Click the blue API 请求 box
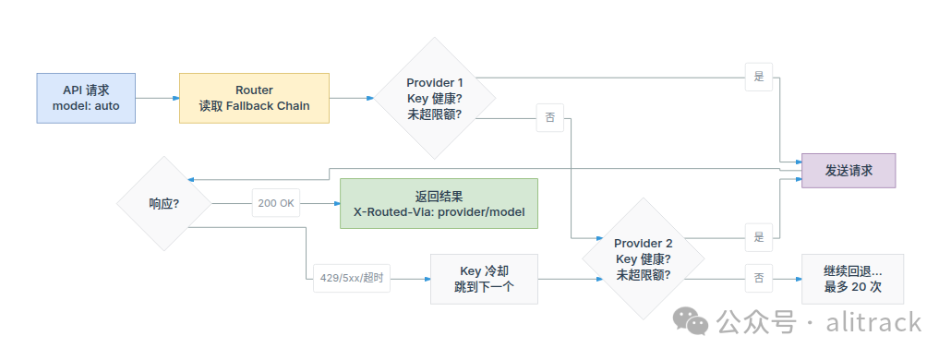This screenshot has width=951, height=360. pyautogui.click(x=86, y=98)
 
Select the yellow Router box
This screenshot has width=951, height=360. pyautogui.click(x=254, y=98)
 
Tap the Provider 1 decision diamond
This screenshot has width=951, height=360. pyautogui.click(x=434, y=98)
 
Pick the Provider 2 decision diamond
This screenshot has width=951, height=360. pyautogui.click(x=644, y=258)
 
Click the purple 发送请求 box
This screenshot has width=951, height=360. pyautogui.click(x=849, y=171)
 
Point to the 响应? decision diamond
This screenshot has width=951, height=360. pyautogui.click(x=164, y=204)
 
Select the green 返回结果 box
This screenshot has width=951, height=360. pyautogui.click(x=439, y=204)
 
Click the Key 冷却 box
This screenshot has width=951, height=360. pyautogui.click(x=484, y=280)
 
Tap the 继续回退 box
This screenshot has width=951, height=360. pyautogui.click(x=853, y=280)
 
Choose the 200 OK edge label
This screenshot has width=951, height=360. pyautogui.click(x=276, y=204)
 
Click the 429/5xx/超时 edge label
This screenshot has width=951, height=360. pyautogui.click(x=352, y=279)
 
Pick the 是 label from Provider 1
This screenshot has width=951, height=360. pyautogui.click(x=759, y=77)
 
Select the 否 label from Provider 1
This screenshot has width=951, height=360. pyautogui.click(x=550, y=117)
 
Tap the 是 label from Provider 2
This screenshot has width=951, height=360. pyautogui.click(x=759, y=237)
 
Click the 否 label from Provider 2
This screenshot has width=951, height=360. pyautogui.click(x=759, y=279)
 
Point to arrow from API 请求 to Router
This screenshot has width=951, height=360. pyautogui.click(x=158, y=98)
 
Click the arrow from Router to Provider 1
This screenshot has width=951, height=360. pyautogui.click(x=352, y=98)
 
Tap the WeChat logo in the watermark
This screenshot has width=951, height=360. pyautogui.click(x=690, y=320)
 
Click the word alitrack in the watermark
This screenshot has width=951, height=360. pyautogui.click(x=874, y=321)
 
